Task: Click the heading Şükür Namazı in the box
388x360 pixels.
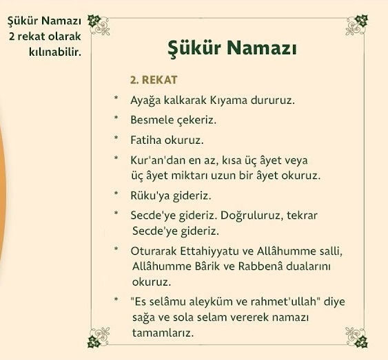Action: pyautogui.click(x=232, y=50)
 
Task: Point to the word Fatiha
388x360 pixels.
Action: pyautogui.click(x=145, y=140)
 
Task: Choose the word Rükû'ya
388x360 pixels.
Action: pyautogui.click(x=150, y=195)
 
